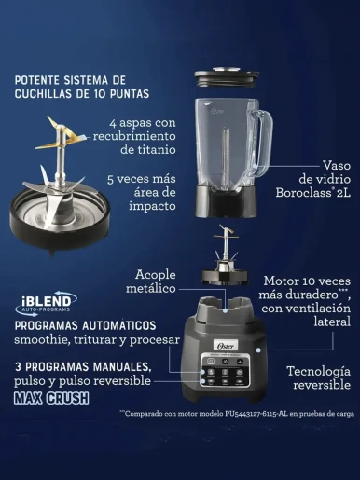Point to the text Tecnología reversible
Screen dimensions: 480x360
click(319, 377)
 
